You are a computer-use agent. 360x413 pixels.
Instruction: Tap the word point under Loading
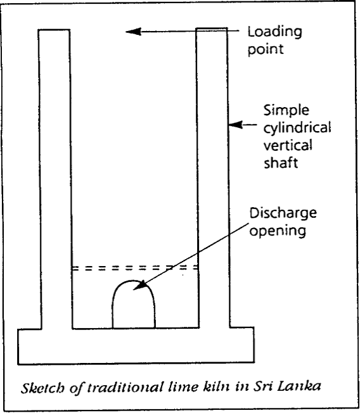(x=266, y=49)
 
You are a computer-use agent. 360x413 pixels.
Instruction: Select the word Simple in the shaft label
(x=286, y=110)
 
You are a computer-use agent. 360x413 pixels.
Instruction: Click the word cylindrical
(x=297, y=128)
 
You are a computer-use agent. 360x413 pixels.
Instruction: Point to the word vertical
(x=288, y=146)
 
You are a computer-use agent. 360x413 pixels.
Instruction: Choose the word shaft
(x=281, y=162)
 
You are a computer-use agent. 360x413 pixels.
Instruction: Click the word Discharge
(x=283, y=213)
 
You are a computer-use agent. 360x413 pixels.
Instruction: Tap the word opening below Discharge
(x=278, y=231)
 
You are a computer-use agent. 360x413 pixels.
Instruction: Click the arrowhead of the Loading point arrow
(x=133, y=32)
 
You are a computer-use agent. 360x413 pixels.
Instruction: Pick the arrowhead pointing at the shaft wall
(x=235, y=125)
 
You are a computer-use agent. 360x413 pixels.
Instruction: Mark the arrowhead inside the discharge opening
(x=139, y=286)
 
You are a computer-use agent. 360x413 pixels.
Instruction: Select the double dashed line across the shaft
(x=135, y=268)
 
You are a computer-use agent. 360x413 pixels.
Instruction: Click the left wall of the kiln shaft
(x=55, y=179)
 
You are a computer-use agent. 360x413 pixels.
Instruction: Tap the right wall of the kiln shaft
(x=212, y=178)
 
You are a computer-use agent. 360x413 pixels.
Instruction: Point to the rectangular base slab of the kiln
(x=136, y=346)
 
